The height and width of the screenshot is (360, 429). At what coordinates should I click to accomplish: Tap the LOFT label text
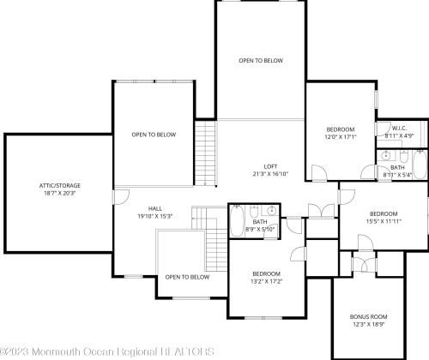269,166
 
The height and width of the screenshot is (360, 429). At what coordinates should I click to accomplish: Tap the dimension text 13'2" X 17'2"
267,281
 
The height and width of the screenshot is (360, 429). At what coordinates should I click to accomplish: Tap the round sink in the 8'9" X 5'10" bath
271,210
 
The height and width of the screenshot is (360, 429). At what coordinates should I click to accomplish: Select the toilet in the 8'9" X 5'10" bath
257,211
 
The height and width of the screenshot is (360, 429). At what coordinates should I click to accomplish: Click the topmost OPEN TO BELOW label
260,61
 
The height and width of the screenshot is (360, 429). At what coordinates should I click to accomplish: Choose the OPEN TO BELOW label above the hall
154,135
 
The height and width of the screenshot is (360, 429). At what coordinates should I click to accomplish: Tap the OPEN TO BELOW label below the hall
187,277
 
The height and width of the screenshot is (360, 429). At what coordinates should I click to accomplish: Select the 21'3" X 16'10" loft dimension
269,175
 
